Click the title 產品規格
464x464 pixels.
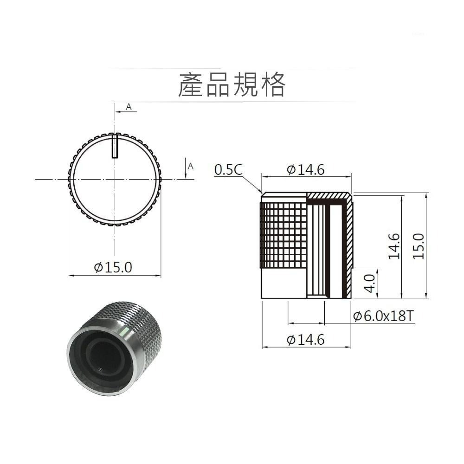click(232, 85)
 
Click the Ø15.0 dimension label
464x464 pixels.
click(113, 267)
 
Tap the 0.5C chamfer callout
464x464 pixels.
click(228, 170)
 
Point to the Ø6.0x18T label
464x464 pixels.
click(383, 316)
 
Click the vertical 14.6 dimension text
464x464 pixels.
click(394, 246)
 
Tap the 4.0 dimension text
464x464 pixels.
click(369, 283)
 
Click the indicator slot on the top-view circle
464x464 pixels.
click(115, 146)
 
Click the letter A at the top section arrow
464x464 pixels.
click(129, 107)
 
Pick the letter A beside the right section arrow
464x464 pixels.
click(191, 166)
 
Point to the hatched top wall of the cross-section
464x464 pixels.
click(327, 195)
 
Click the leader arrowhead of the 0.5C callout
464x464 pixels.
click(260, 192)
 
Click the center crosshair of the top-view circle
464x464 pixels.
click(115, 179)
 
